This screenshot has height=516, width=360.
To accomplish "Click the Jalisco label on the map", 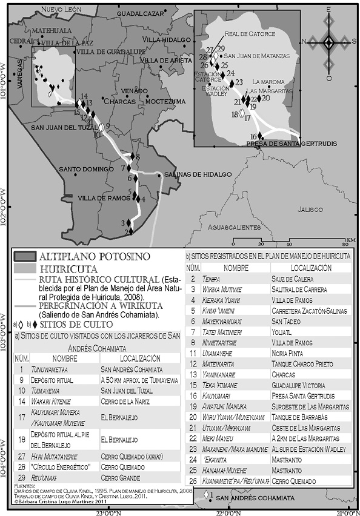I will (310, 209).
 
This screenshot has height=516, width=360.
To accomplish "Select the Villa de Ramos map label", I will (102, 198).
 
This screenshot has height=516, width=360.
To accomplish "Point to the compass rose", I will (328, 42).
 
